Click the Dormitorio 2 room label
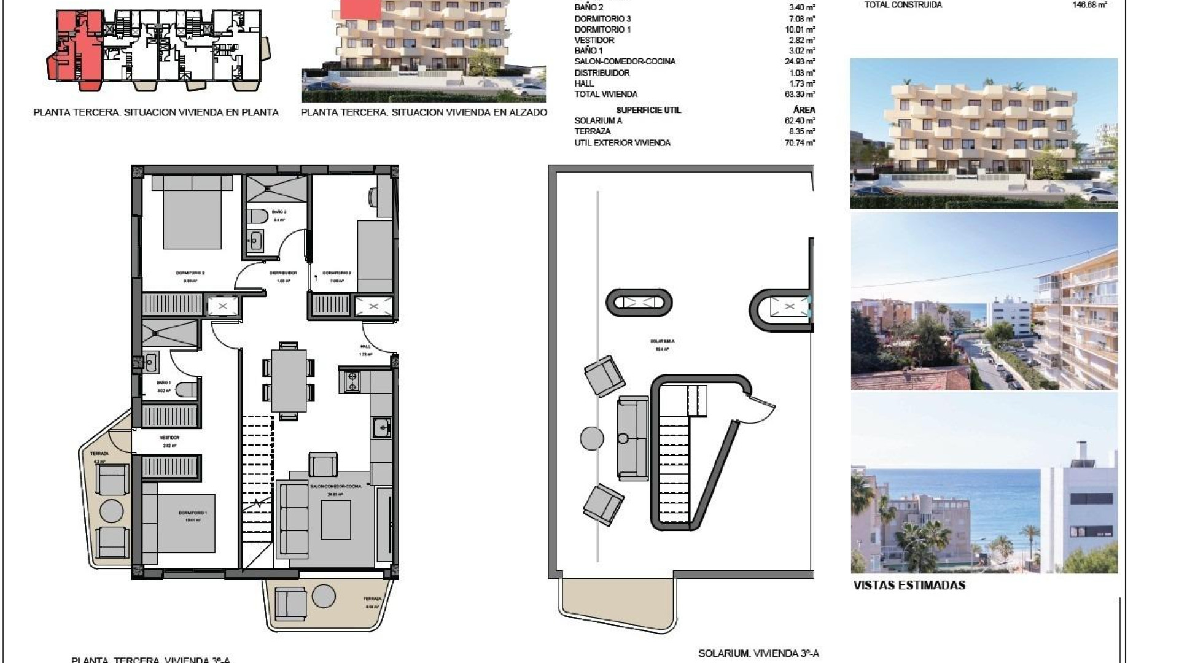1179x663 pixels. point(190,273)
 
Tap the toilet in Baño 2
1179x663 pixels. point(257,216)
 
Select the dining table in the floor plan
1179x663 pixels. point(289,381)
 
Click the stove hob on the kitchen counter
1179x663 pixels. point(352,381)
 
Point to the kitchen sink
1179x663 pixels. point(382,427)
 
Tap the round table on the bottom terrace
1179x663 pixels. point(323,596)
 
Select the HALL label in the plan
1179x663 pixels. point(365,346)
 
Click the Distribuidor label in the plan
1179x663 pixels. point(283,273)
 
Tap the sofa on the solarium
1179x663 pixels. point(632,438)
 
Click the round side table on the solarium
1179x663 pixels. point(591,438)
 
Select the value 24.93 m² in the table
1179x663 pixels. point(802,61)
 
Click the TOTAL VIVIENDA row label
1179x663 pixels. point(605,94)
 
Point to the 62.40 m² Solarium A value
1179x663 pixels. point(800,121)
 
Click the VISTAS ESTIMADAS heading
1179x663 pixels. point(909,585)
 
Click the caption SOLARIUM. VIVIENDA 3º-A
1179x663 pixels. point(758,654)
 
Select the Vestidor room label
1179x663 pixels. point(169,438)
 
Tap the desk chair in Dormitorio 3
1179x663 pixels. point(373,196)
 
